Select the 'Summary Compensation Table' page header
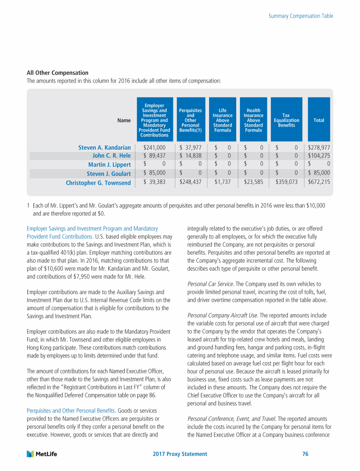click(x=301, y=16)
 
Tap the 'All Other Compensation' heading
click(x=58, y=73)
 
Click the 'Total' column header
click(x=319, y=120)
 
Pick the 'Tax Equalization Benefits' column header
click(x=286, y=120)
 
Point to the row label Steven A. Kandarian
click(x=104, y=148)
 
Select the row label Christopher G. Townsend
click(x=98, y=182)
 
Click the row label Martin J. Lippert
click(x=109, y=165)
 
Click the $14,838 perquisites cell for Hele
click(x=190, y=156)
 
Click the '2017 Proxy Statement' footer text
click(x=180, y=454)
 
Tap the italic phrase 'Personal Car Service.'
click(x=209, y=284)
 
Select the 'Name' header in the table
click(x=124, y=120)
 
